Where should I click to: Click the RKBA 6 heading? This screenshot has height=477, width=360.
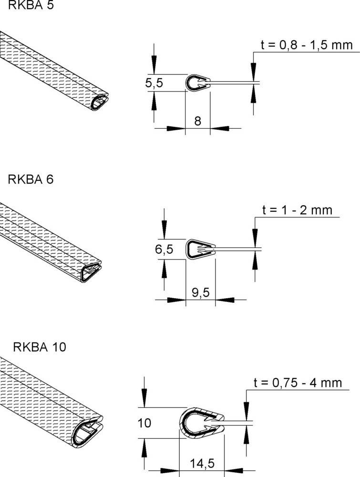[x=31, y=179]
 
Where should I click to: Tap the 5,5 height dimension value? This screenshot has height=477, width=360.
[x=154, y=83]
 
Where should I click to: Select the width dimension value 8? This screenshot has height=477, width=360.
[x=197, y=121]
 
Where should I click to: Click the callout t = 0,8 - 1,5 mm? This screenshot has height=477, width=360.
[x=307, y=45]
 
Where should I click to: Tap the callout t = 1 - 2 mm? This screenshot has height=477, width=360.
[x=297, y=210]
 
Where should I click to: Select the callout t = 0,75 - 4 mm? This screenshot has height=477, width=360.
[x=298, y=382]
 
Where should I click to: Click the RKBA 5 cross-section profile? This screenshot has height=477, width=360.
[x=197, y=83]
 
